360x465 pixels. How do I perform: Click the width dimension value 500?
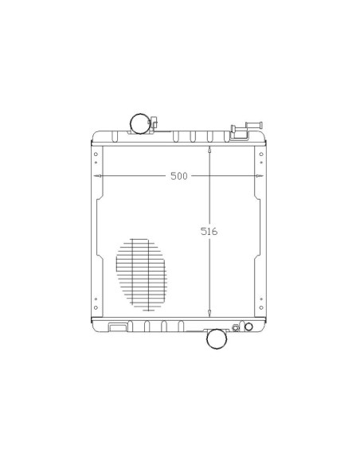pyautogui.click(x=179, y=176)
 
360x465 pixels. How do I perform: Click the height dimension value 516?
pyautogui.click(x=209, y=231)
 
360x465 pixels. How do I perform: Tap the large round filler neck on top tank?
pyautogui.click(x=140, y=123)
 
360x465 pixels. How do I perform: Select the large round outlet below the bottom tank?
pyautogui.click(x=217, y=338)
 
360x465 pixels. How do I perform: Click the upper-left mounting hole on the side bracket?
pyautogui.click(x=96, y=154)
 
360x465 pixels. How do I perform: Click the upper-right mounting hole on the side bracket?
pyautogui.click(x=261, y=154)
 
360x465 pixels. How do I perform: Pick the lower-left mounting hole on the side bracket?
pyautogui.click(x=96, y=308)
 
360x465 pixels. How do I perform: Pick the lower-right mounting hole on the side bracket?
pyautogui.click(x=261, y=308)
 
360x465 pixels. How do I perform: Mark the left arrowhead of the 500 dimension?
pyautogui.click(x=97, y=176)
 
